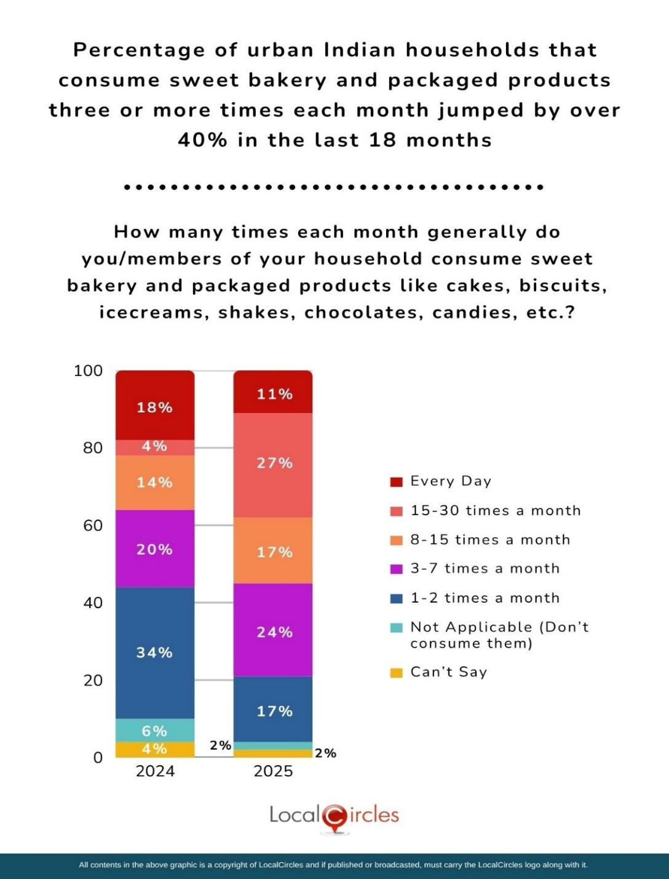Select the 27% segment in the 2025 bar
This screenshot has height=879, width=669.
click(x=273, y=465)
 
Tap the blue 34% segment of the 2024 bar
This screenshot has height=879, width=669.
click(x=155, y=652)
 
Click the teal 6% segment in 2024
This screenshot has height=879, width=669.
click(x=155, y=730)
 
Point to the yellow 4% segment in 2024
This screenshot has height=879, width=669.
click(x=155, y=749)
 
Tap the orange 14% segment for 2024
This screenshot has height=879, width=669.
click(x=155, y=483)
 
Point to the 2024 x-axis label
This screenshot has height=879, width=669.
click(x=155, y=771)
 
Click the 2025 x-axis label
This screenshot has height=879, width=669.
click(x=273, y=771)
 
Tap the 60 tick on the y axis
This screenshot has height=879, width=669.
click(x=93, y=525)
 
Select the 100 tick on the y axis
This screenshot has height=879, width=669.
click(x=88, y=371)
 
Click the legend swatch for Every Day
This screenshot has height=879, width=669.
click(x=397, y=481)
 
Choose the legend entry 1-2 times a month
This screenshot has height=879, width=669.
click(x=485, y=598)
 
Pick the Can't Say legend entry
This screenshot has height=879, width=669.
click(x=448, y=672)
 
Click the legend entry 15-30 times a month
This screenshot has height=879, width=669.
click(x=495, y=510)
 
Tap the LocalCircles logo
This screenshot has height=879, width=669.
click(x=334, y=816)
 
